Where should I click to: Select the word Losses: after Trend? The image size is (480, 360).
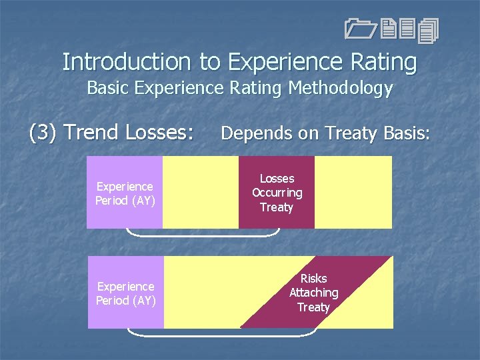click(x=159, y=133)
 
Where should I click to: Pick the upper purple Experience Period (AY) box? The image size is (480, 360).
click(x=125, y=193)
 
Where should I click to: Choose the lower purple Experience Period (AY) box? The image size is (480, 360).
click(x=125, y=293)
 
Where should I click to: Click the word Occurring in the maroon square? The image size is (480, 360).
click(x=277, y=193)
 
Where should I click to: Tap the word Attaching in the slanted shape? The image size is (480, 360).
click(x=313, y=293)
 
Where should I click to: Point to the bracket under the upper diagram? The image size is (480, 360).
click(x=203, y=235)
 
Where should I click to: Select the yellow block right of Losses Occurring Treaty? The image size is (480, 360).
click(x=353, y=193)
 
